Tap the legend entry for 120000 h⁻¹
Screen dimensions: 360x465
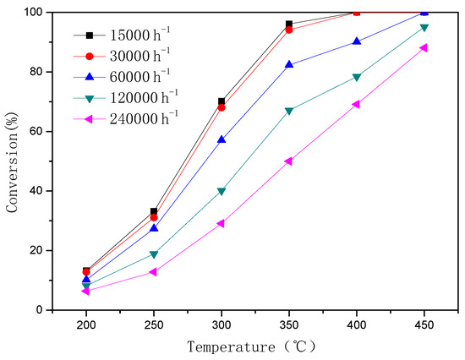tap(131, 95)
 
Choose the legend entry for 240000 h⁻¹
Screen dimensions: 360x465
tap(131, 116)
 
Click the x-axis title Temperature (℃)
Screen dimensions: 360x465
tap(254, 346)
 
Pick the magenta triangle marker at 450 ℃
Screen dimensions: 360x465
tap(423, 47)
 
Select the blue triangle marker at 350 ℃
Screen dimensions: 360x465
tap(289, 64)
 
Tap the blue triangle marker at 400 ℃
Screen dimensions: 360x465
tap(356, 41)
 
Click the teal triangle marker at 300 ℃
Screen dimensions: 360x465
tap(222, 191)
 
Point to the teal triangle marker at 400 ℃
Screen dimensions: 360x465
tap(356, 77)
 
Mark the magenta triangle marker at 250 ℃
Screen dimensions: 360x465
tap(153, 271)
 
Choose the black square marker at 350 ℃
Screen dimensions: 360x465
tap(289, 24)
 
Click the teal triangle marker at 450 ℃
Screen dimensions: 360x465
tap(424, 28)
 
